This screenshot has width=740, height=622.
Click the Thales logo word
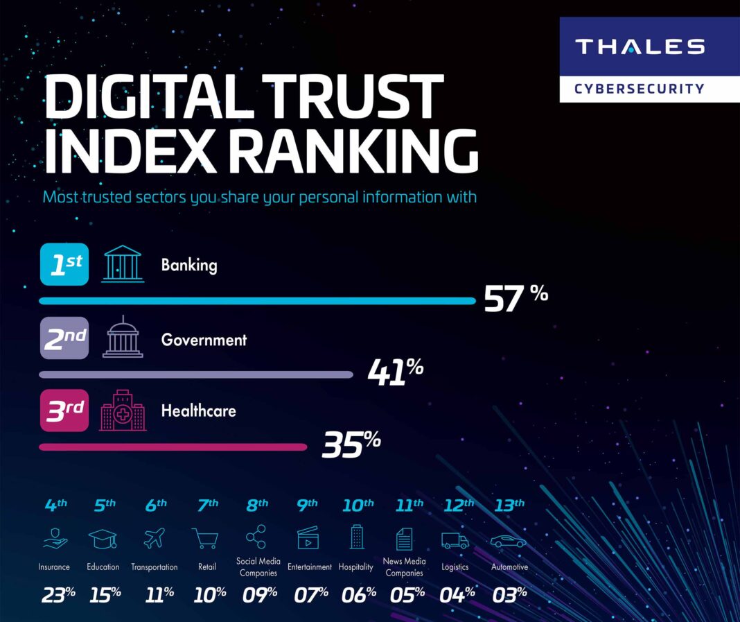(639, 46)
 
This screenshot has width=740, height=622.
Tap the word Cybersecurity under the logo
(639, 89)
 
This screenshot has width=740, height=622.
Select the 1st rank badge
(64, 265)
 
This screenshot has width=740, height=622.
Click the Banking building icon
(123, 264)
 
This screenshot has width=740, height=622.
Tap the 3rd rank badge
(64, 411)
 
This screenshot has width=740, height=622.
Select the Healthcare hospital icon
(123, 410)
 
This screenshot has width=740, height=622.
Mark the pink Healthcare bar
(173, 447)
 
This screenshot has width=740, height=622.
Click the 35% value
(351, 444)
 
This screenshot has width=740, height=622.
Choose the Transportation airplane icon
(155, 537)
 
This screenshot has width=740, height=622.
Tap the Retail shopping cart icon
(206, 537)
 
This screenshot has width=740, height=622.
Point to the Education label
(103, 567)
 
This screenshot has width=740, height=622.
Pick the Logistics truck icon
(455, 539)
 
